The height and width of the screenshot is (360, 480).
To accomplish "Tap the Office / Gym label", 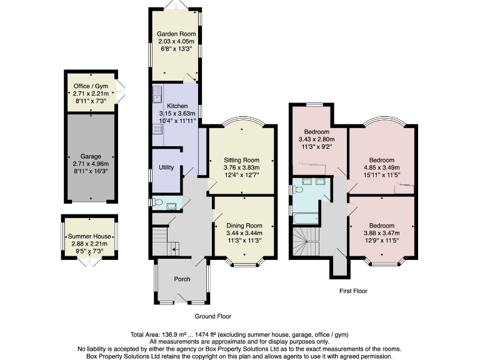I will [x=91, y=86].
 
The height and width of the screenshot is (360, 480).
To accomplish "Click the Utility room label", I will [x=166, y=167].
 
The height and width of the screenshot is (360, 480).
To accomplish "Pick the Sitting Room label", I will [x=241, y=160].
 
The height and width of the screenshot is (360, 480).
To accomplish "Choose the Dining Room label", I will [x=244, y=225].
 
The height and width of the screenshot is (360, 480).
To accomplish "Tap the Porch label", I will [x=182, y=279].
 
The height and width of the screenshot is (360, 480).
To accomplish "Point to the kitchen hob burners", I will [x=156, y=129].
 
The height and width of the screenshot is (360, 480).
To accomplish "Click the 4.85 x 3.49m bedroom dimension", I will [x=381, y=167].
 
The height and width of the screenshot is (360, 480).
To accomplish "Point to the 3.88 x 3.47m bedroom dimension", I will [x=381, y=232].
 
